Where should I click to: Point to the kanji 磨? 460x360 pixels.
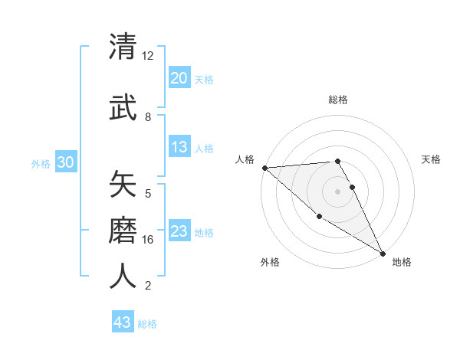point(123,230)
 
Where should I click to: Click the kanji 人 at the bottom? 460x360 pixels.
point(123,276)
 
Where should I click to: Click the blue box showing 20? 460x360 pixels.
point(179,78)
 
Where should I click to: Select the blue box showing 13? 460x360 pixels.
point(179,147)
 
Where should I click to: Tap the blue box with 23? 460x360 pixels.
point(179,232)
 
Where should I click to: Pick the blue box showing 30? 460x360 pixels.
point(65,163)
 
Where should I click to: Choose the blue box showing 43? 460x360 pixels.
point(123,322)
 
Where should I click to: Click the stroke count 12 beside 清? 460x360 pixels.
point(147,55)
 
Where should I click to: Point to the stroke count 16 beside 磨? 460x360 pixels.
point(148,240)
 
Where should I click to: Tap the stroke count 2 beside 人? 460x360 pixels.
point(147,286)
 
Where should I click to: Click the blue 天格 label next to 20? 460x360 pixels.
point(204,79)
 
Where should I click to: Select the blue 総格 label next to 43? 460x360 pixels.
point(148,323)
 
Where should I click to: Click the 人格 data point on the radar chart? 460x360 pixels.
point(264,168)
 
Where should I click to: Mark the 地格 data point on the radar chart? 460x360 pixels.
point(383,253)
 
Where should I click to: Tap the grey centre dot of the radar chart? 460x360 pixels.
point(337,191)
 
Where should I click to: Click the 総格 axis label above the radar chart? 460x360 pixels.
point(338,100)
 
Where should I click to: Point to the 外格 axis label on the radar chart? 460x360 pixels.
point(270,262)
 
